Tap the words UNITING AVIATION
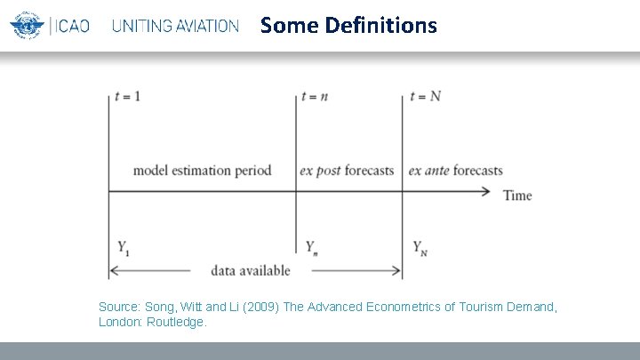pyautogui.click(x=175, y=26)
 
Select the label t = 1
pyautogui.click(x=127, y=96)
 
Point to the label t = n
pyautogui.click(x=315, y=96)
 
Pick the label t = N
pyautogui.click(x=426, y=96)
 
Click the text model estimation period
pyautogui.click(x=202, y=171)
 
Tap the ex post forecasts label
pyautogui.click(x=347, y=171)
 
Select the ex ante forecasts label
pyautogui.click(x=455, y=171)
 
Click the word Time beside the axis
pyautogui.click(x=517, y=195)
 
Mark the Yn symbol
pyautogui.click(x=311, y=247)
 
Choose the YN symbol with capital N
pyautogui.click(x=420, y=247)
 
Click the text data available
pyautogui.click(x=251, y=269)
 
